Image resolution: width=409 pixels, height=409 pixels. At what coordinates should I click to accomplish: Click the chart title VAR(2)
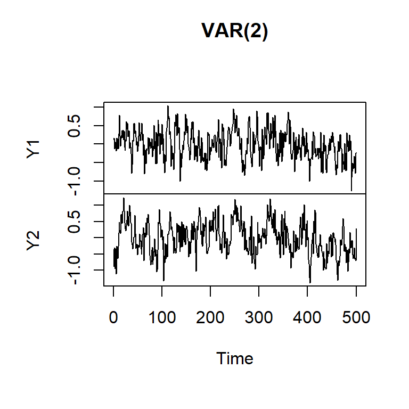(234, 31)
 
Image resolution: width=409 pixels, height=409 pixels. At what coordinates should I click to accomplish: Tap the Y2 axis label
(34, 241)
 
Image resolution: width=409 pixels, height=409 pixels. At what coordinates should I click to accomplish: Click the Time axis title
(234, 358)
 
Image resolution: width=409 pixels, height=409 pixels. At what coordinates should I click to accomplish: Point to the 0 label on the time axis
(113, 318)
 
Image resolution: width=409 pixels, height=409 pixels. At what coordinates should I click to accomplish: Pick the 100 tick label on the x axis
(162, 318)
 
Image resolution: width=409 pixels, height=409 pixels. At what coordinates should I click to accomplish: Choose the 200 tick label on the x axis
(210, 318)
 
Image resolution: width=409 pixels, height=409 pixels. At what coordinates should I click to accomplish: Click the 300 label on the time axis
(259, 318)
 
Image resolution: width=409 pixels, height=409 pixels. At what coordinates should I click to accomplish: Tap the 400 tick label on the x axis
(307, 318)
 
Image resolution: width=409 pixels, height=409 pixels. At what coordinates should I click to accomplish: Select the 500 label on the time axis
(356, 318)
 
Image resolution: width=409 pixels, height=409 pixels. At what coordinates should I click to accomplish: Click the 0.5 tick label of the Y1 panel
(76, 125)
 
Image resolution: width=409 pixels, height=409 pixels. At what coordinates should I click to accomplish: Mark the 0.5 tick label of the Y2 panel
(76, 221)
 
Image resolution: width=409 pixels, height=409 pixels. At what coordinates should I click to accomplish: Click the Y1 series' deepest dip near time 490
(351, 190)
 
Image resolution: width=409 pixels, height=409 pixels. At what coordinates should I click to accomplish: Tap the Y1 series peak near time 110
(168, 106)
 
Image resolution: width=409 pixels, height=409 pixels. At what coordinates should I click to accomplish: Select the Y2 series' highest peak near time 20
(124, 199)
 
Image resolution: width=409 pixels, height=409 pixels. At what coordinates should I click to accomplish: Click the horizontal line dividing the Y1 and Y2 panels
(234, 194)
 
